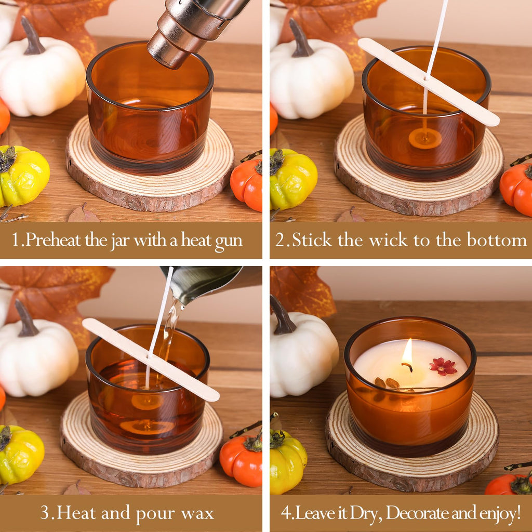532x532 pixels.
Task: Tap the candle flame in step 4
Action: [x=407, y=352]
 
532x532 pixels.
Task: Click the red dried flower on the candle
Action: [x=443, y=366]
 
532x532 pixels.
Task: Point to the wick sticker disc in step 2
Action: [x=425, y=138]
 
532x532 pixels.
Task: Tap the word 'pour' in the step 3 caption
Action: [x=155, y=513]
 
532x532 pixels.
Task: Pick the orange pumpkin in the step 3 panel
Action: [x=241, y=460]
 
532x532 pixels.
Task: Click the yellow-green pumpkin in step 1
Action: [x=23, y=176]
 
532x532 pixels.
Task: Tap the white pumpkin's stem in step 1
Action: [x=32, y=36]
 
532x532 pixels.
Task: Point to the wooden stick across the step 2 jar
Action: [x=429, y=82]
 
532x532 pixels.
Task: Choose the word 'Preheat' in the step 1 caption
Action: [x=54, y=240]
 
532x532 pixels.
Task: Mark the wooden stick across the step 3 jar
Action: [x=151, y=360]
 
